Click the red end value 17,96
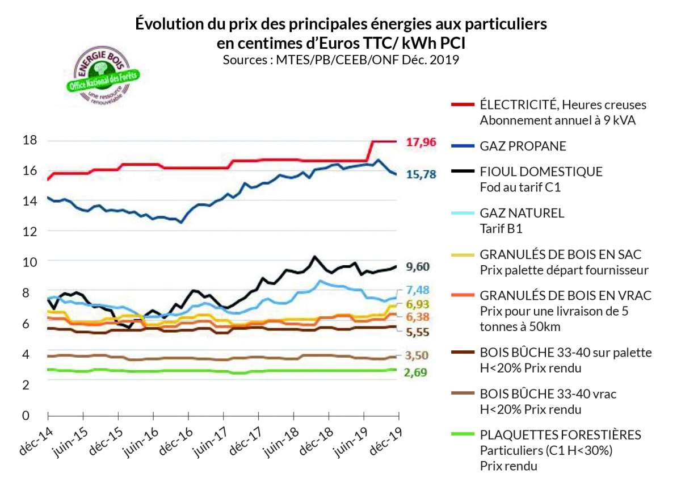(x=421, y=142)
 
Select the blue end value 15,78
(x=421, y=175)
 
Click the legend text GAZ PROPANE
(x=523, y=146)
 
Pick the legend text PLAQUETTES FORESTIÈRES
(x=560, y=435)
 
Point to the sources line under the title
(x=340, y=60)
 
